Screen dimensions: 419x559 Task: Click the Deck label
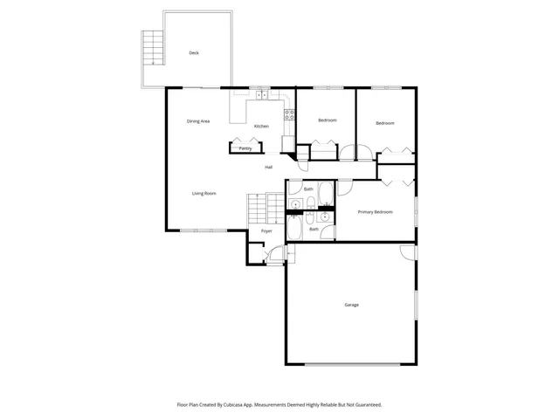(x=194, y=53)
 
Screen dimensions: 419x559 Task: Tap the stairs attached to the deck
(x=153, y=47)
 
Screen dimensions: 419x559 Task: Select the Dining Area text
(x=198, y=121)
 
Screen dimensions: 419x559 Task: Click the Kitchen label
(x=261, y=127)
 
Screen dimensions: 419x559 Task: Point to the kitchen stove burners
(x=288, y=114)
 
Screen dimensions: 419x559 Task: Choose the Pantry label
(x=245, y=148)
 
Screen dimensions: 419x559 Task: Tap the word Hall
(x=269, y=167)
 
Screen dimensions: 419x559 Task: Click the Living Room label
(x=204, y=193)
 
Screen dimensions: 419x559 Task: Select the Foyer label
(x=266, y=230)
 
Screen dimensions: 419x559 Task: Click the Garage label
(x=351, y=305)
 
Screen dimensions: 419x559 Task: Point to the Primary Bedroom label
(x=375, y=212)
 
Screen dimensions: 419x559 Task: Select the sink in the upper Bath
(x=296, y=204)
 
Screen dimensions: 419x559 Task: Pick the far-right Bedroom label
(x=385, y=123)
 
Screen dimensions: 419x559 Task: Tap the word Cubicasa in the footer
(x=245, y=405)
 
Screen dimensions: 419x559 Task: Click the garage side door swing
(x=408, y=252)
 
